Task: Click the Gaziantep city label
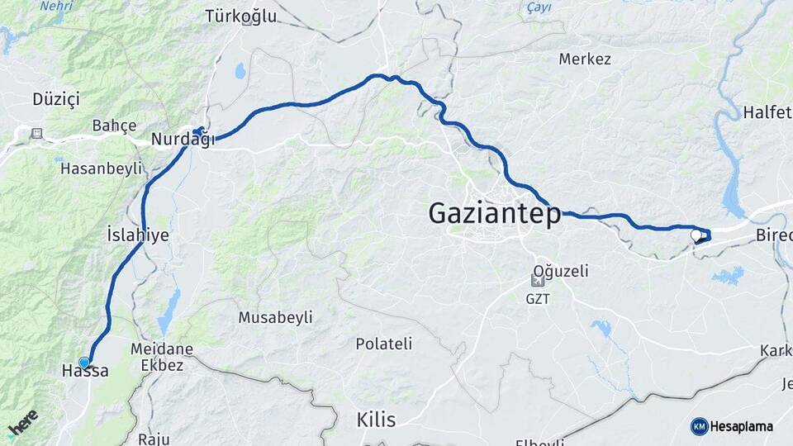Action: coord(494,214)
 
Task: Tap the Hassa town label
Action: coord(85,372)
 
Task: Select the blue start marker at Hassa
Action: coord(84,362)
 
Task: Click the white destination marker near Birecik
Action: coord(696,236)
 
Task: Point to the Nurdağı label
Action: coord(182,140)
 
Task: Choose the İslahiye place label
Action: coord(138,235)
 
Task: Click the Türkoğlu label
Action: coord(239,16)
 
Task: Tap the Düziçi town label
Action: coord(55,99)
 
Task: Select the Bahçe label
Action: coord(113,126)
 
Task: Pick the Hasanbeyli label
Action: coord(101,169)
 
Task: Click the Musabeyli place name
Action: coord(275,317)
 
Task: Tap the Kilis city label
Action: coord(376,420)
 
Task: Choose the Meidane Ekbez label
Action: coord(161,357)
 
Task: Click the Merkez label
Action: coord(584,59)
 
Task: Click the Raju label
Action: coord(154,439)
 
